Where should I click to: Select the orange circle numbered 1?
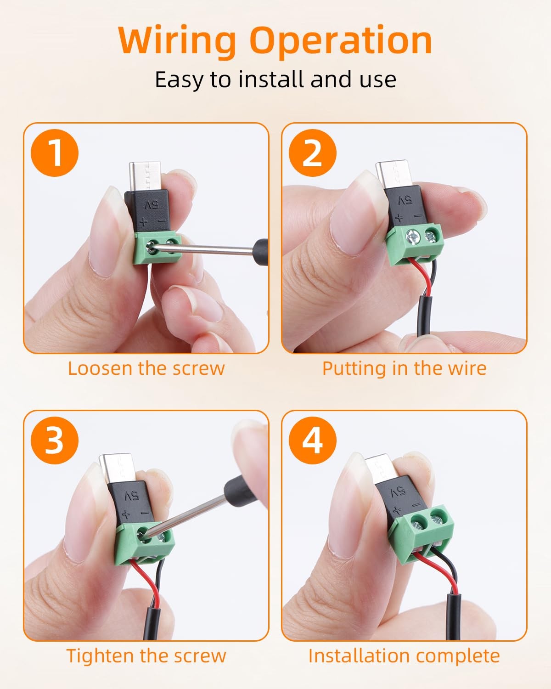pos(55,153)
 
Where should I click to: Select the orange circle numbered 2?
pos(313,153)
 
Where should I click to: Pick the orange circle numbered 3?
pos(55,440)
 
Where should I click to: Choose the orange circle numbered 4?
pos(313,440)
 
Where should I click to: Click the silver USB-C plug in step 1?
pos(144,177)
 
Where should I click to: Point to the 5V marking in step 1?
pos(152,204)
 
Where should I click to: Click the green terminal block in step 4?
pos(420,532)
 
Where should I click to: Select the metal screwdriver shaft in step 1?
pos(202,249)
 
